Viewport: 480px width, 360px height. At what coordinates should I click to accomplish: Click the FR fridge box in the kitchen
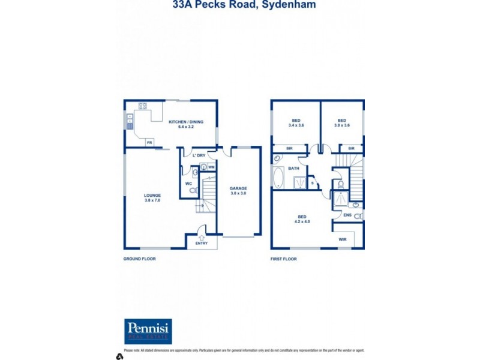pos(149,142)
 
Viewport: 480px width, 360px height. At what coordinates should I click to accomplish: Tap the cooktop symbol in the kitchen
pos(143,106)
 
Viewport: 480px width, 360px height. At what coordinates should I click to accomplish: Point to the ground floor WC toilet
pos(193,190)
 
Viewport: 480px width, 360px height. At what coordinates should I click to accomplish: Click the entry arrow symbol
pos(201,238)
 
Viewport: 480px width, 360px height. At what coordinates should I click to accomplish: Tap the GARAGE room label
pos(238,188)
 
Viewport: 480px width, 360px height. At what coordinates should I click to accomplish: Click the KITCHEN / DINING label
pos(185,122)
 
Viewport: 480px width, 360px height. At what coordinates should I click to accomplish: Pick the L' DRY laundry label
pos(199,155)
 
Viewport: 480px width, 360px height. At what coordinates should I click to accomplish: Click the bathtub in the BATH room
pos(278,178)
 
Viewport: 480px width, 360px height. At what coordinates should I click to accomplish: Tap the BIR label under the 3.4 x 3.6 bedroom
pos(289,148)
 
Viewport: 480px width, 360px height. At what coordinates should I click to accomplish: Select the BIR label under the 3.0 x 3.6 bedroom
pos(351,148)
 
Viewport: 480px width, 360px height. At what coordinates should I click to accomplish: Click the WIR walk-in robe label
pos(343,239)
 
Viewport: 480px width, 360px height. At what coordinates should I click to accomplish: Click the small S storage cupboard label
pos(312,182)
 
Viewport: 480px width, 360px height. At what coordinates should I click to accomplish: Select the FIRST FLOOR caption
pos(284,259)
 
